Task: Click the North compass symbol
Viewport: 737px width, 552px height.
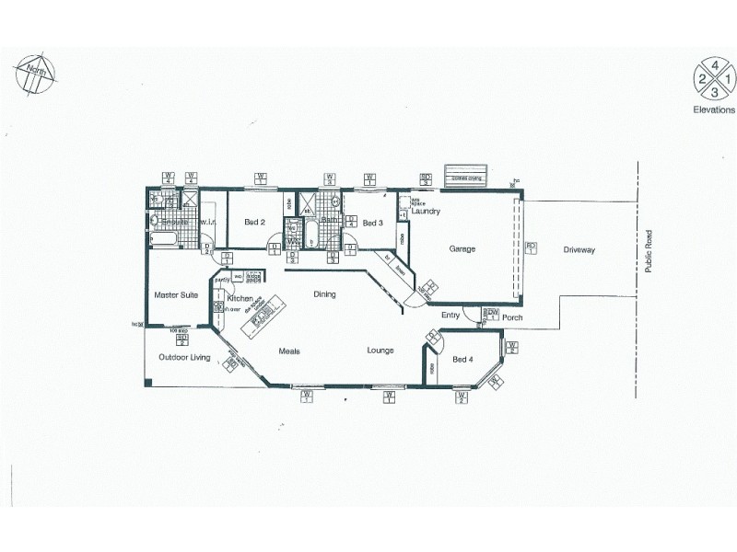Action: click(33, 72)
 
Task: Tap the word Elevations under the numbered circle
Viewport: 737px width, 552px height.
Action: click(713, 108)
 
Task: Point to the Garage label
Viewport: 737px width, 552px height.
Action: click(462, 248)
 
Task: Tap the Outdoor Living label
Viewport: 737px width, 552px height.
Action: click(184, 357)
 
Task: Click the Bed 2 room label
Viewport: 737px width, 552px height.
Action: click(255, 223)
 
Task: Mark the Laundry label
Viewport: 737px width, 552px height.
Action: click(427, 212)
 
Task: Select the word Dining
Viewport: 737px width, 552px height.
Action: click(324, 294)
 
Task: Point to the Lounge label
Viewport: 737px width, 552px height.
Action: click(380, 351)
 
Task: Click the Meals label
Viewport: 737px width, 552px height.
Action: click(291, 351)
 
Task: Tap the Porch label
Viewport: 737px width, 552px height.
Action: click(512, 318)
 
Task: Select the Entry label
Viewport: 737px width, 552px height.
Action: click(450, 316)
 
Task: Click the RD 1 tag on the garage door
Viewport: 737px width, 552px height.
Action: click(530, 247)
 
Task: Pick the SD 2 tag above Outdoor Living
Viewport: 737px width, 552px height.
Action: click(181, 338)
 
